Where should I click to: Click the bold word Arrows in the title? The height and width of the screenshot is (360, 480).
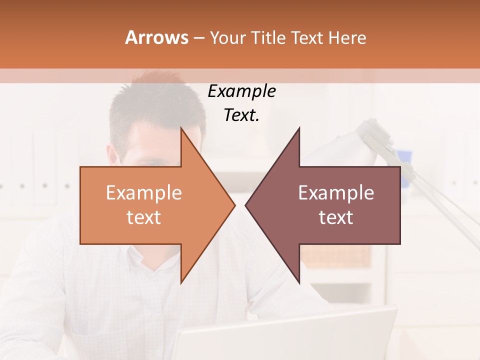pyautogui.click(x=156, y=37)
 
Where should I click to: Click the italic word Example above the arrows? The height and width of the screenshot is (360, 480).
pyautogui.click(x=241, y=91)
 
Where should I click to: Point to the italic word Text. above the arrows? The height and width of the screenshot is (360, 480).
pyautogui.click(x=241, y=115)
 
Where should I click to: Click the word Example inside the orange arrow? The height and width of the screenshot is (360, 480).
pyautogui.click(x=144, y=192)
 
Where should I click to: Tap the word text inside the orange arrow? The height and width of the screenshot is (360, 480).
pyautogui.click(x=144, y=217)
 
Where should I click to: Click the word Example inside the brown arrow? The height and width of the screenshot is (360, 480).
pyautogui.click(x=336, y=192)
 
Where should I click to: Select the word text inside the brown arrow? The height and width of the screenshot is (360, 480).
pyautogui.click(x=336, y=217)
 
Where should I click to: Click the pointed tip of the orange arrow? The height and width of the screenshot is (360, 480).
pyautogui.click(x=235, y=205)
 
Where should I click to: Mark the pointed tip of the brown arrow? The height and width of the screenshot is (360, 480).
pyautogui.click(x=245, y=205)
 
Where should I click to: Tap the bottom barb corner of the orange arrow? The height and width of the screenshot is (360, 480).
pyautogui.click(x=181, y=283)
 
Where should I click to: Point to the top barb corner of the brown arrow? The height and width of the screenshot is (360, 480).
pyautogui.click(x=299, y=128)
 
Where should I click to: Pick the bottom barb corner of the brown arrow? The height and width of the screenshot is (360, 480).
pyautogui.click(x=299, y=283)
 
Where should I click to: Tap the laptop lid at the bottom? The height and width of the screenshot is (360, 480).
pyautogui.click(x=280, y=335)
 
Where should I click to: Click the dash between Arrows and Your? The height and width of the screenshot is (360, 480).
pyautogui.click(x=199, y=38)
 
